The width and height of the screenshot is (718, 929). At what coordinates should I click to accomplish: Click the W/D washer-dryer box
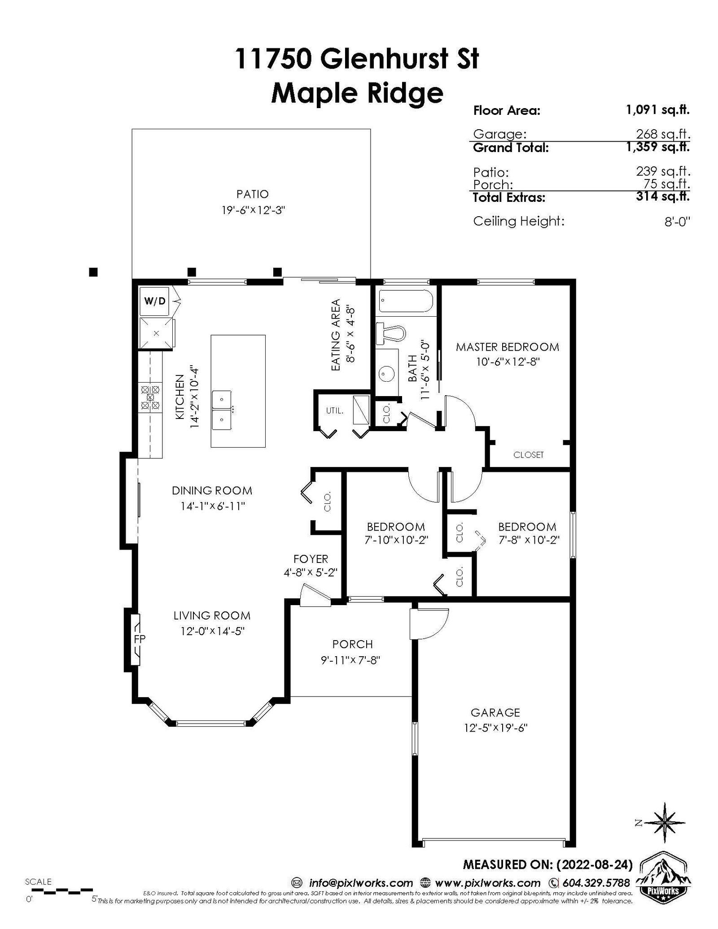(x=154, y=301)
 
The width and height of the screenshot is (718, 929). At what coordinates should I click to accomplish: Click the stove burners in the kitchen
(x=150, y=397)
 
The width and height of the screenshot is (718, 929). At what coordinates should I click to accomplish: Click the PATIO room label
(x=253, y=194)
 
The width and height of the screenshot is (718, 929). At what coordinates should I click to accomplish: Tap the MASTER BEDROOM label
(x=508, y=347)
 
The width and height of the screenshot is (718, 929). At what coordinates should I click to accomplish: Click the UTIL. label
(x=335, y=410)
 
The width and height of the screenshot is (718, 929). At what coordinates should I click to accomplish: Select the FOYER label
(x=311, y=559)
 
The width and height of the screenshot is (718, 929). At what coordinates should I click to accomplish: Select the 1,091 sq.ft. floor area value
(x=658, y=109)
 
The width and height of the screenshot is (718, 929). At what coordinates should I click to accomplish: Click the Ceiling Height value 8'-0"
(x=677, y=222)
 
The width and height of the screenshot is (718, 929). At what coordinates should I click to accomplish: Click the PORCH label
(x=353, y=644)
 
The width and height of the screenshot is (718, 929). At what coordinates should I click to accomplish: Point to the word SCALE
(x=38, y=881)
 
